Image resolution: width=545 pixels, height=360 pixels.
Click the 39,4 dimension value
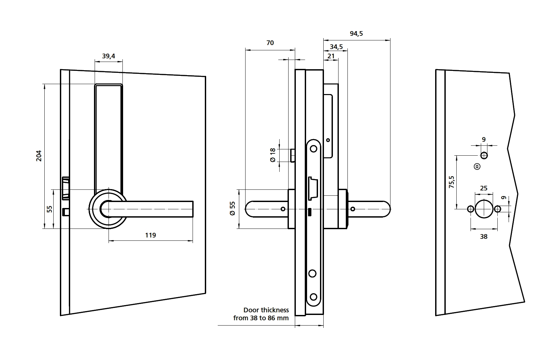(x=109, y=56)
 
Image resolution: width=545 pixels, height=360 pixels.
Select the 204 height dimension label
(x=39, y=156)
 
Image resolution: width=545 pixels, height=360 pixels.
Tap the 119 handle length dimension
(x=151, y=235)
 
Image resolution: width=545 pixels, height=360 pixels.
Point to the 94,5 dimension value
(x=356, y=33)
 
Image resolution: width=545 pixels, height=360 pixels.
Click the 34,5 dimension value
(x=336, y=47)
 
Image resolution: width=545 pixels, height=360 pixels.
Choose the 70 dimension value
(x=270, y=43)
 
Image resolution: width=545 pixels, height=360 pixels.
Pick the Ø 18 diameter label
(x=273, y=155)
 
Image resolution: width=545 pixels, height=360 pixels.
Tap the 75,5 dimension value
(x=452, y=182)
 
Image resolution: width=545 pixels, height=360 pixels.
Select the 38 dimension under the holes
(x=484, y=236)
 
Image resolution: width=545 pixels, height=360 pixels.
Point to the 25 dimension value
(x=484, y=188)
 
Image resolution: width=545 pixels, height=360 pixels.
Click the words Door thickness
(x=266, y=310)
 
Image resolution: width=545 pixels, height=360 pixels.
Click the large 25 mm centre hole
(x=484, y=209)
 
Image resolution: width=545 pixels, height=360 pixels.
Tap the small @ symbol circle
(x=477, y=167)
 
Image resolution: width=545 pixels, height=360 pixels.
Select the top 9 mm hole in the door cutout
(x=484, y=155)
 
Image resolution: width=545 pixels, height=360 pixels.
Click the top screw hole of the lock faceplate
(x=313, y=148)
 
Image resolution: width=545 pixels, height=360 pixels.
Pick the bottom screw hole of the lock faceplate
(x=313, y=296)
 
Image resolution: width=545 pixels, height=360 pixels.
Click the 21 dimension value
(x=331, y=56)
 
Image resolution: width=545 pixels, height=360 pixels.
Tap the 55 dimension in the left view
(x=50, y=209)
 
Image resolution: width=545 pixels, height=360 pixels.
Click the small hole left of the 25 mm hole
(x=471, y=209)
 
